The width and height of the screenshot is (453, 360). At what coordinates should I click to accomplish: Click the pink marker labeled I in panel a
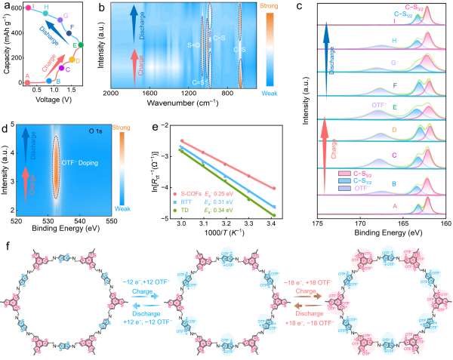point(27,8)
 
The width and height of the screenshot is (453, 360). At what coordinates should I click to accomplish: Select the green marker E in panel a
point(81,45)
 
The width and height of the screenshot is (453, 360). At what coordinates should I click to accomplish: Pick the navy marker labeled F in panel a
point(71,33)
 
